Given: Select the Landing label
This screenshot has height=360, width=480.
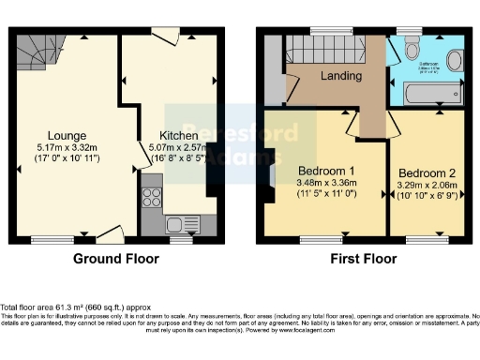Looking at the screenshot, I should (x=340, y=75).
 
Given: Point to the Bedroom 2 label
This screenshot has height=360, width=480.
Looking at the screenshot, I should (x=427, y=174).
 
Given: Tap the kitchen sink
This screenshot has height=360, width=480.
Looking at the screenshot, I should (x=176, y=224).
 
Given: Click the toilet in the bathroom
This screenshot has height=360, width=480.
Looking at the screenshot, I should (x=454, y=61).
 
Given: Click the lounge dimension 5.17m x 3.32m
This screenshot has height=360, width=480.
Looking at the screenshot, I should (x=62, y=147).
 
